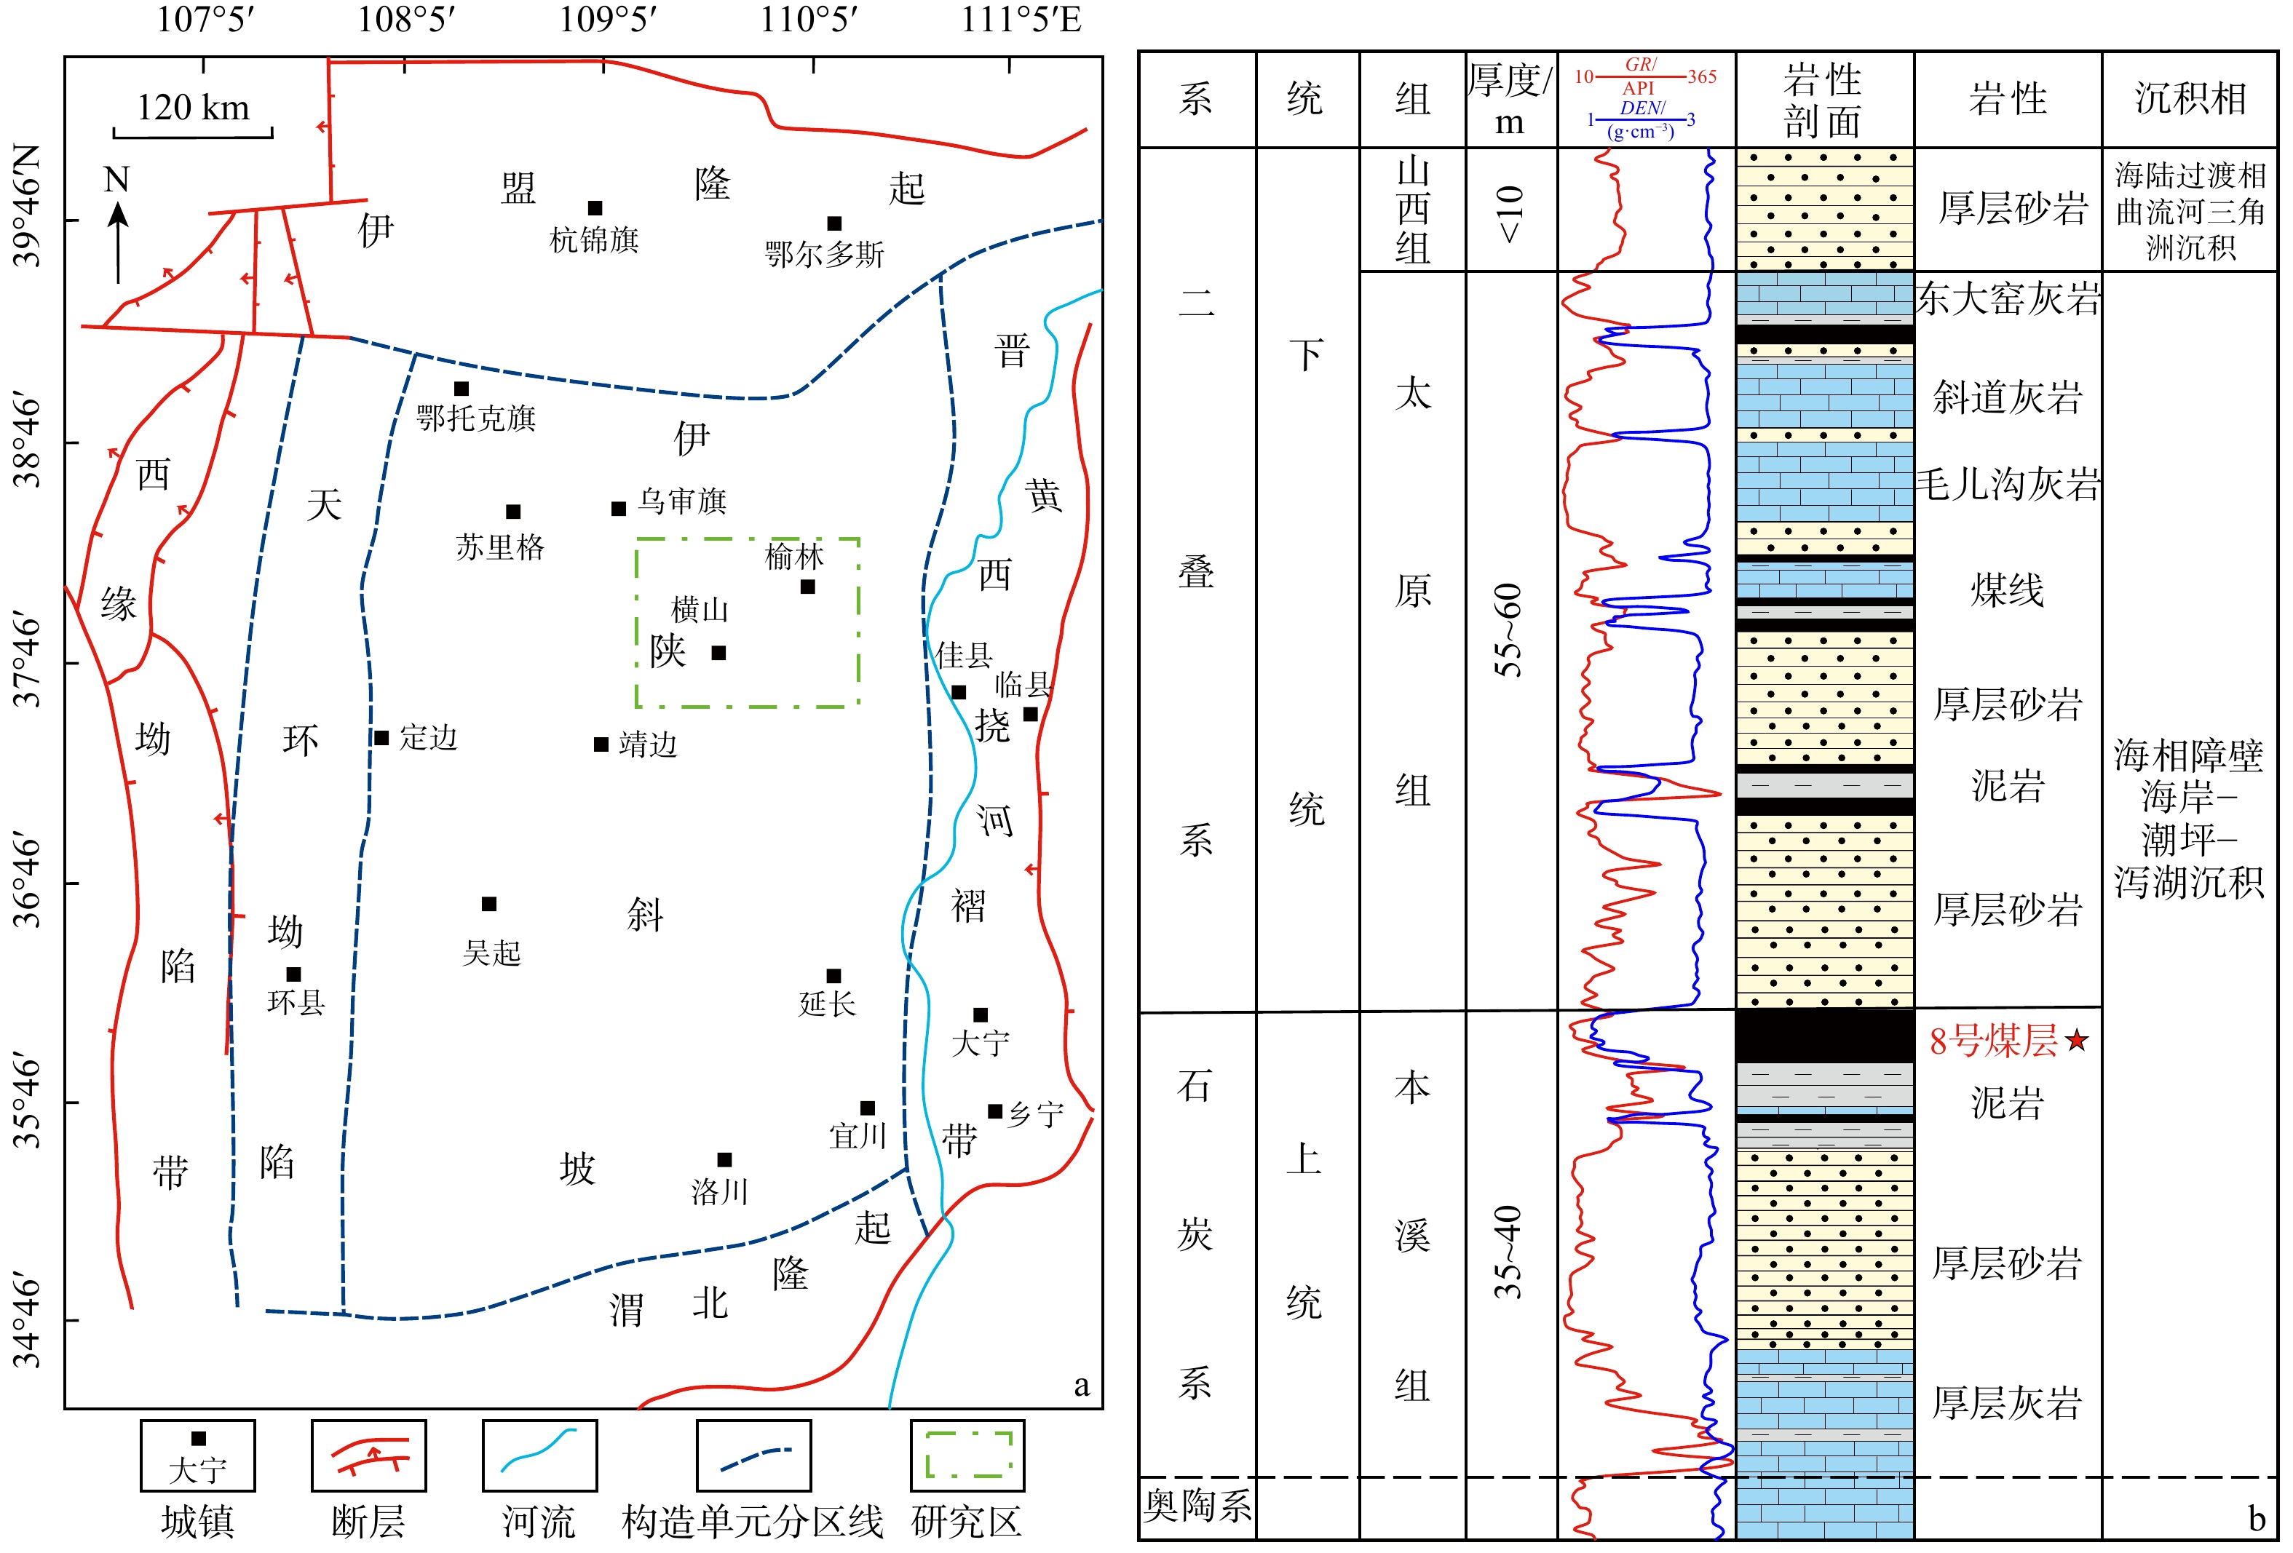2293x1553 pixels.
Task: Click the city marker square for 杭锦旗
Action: (x=595, y=208)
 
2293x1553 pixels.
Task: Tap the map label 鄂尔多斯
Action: (x=824, y=255)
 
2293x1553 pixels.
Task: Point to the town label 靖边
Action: (x=649, y=745)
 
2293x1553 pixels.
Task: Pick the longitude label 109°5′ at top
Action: (x=608, y=19)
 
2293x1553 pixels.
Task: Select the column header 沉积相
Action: (x=2190, y=99)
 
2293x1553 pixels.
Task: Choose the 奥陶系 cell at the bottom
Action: (x=1197, y=1506)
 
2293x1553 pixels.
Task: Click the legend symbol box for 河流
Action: (x=539, y=1455)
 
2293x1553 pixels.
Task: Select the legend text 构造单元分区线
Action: (x=753, y=1522)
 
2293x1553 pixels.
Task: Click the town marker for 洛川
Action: (x=724, y=1160)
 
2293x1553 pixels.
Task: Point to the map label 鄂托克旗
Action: (x=475, y=418)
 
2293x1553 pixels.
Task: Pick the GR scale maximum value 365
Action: (x=1702, y=77)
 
